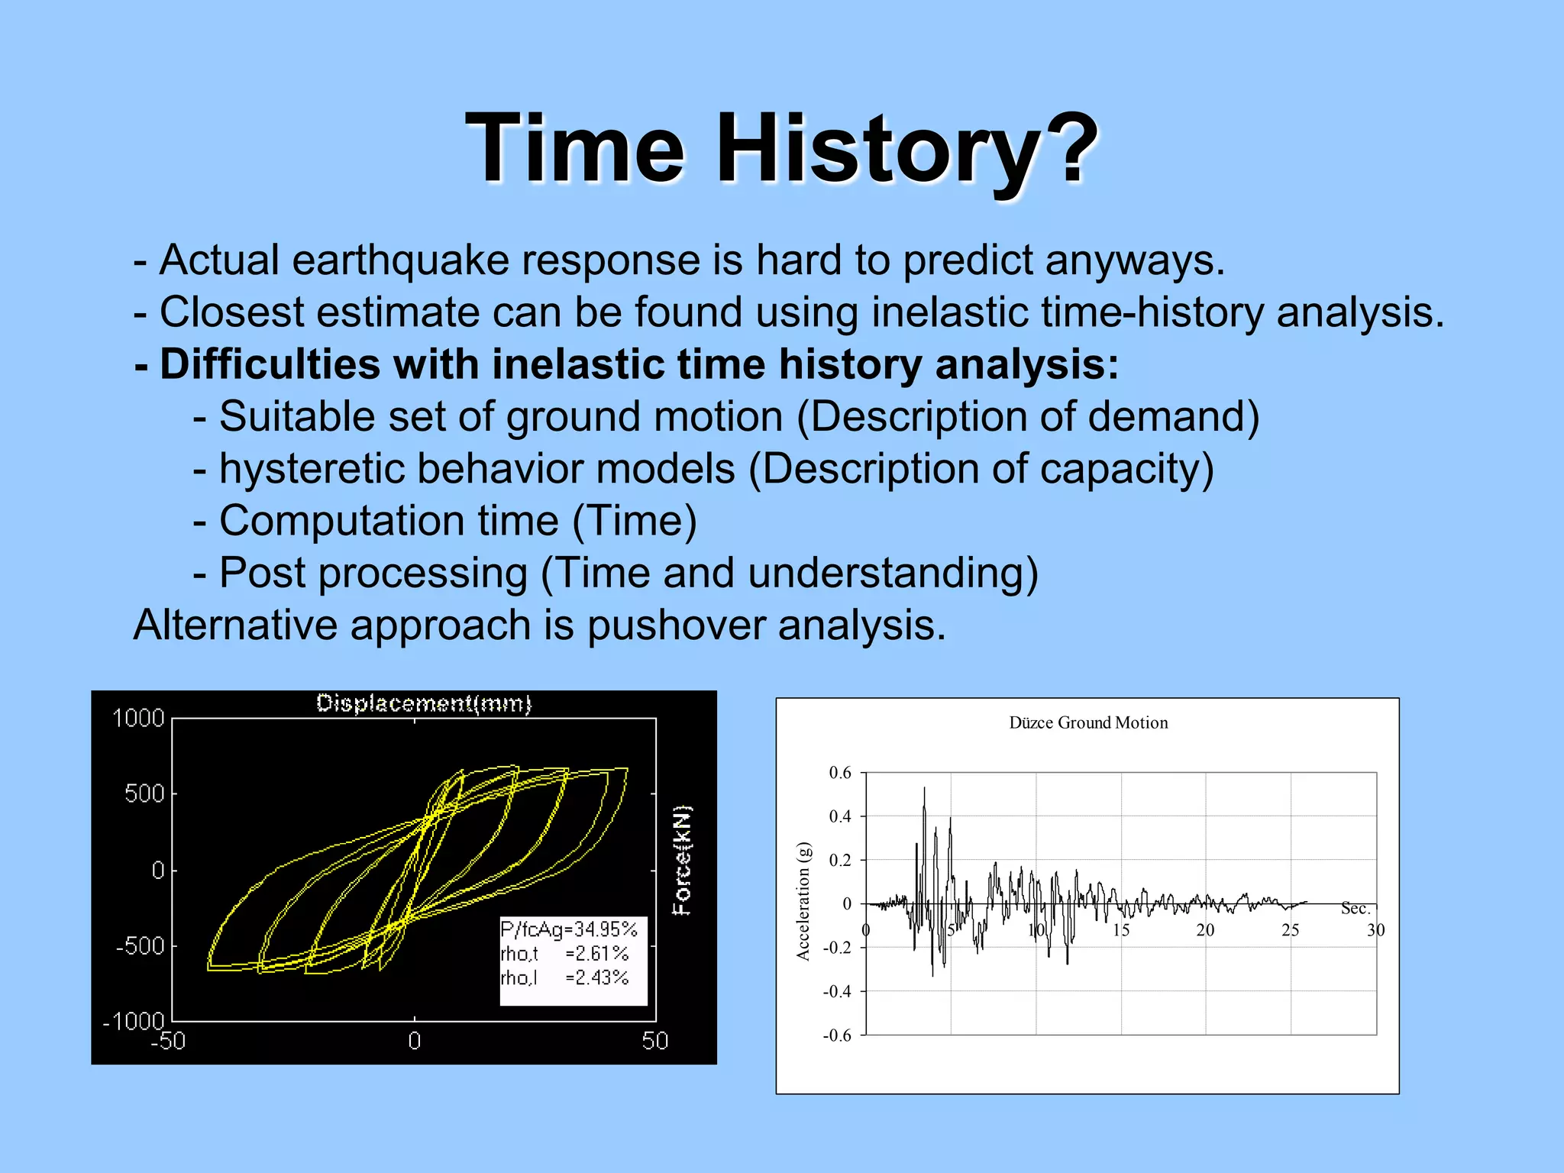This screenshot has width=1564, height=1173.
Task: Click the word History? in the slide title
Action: click(x=906, y=148)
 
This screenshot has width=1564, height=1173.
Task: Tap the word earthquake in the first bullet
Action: click(x=401, y=260)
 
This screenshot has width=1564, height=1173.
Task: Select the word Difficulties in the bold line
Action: click(x=270, y=364)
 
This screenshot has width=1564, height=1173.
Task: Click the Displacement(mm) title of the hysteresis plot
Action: click(x=424, y=703)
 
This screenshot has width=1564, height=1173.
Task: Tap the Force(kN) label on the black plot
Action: click(x=681, y=860)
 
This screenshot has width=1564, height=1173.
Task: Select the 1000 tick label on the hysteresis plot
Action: click(x=138, y=719)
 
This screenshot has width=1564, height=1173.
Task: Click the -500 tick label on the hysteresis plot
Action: click(x=140, y=946)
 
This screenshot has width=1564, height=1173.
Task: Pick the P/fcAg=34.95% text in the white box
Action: click(x=569, y=929)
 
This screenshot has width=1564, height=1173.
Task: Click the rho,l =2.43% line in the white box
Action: click(x=564, y=977)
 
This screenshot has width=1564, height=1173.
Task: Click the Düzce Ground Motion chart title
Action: click(x=1088, y=723)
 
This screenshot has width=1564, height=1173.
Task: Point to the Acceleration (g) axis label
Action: click(x=803, y=901)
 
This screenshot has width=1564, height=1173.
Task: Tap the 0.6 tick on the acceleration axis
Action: click(x=840, y=773)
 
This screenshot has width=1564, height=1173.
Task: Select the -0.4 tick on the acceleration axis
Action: click(x=837, y=992)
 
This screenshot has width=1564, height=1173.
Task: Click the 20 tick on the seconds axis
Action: click(x=1205, y=930)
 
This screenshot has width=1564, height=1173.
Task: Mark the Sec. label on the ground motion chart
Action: click(x=1356, y=909)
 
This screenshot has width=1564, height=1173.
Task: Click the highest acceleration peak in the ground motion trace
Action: click(x=924, y=788)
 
